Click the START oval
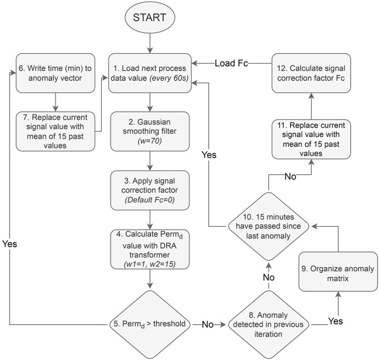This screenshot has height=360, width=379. click(150, 18)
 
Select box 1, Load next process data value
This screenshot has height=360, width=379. click(150, 73)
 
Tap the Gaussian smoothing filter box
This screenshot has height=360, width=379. click(150, 131)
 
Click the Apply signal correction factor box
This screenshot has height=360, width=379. click(150, 191)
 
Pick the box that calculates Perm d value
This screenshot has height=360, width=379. click(150, 249)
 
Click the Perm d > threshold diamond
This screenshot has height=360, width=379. click(150, 324)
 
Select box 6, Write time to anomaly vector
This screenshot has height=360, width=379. click(56, 73)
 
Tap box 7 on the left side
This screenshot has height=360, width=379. click(56, 131)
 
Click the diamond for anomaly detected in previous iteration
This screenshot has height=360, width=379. click(268, 324)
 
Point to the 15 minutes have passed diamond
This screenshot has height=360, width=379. click(268, 227)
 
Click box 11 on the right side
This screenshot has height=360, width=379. click(311, 139)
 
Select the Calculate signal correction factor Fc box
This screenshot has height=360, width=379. click(311, 73)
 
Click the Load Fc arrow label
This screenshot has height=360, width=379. click(231, 63)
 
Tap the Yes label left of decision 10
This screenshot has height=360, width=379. click(209, 155)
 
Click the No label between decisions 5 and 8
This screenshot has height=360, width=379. click(208, 324)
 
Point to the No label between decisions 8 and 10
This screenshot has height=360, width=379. click(268, 277)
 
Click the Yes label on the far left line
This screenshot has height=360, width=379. click(10, 244)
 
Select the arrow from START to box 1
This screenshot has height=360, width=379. click(150, 43)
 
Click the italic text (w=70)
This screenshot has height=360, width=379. click(150, 141)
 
